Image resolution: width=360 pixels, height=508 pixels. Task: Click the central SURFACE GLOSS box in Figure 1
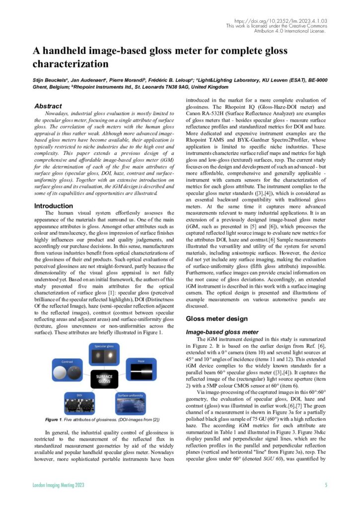coord(104,381)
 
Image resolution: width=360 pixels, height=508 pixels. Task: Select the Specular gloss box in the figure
coord(104,355)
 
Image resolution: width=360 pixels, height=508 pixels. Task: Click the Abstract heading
coord(48,106)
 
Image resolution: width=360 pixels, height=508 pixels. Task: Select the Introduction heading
coord(53,206)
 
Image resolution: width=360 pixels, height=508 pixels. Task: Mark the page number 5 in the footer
coord(326,485)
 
